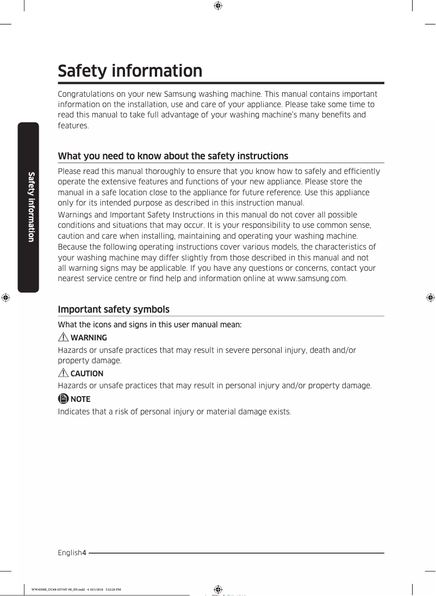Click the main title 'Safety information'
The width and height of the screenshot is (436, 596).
pyautogui.click(x=130, y=71)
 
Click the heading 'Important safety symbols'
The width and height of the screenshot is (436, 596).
pyautogui.click(x=114, y=309)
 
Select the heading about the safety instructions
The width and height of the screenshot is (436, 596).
pyautogui.click(x=173, y=156)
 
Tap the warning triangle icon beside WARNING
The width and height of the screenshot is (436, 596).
pyautogui.click(x=63, y=338)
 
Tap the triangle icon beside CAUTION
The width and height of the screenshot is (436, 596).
pyautogui.click(x=63, y=374)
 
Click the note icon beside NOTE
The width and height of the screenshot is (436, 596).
pyautogui.click(x=63, y=399)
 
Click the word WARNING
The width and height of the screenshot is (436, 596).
pyautogui.click(x=89, y=338)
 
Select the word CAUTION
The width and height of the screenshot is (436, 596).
pyautogui.click(x=87, y=374)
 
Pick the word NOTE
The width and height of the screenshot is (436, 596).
pyautogui.click(x=80, y=399)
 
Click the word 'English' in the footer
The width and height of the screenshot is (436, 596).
pyautogui.click(x=70, y=553)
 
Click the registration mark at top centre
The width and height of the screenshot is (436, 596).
pyautogui.click(x=217, y=6)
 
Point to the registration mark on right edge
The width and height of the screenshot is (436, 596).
pyautogui.click(x=429, y=297)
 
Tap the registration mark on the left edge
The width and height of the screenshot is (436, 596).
pyautogui.click(x=6, y=297)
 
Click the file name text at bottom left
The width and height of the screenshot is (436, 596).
pyautogui.click(x=76, y=589)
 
